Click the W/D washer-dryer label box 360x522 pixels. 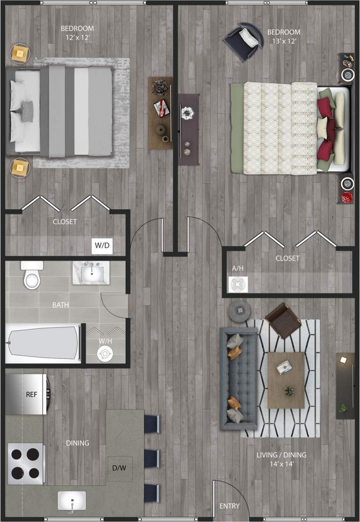102,245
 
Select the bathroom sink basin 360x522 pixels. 90,273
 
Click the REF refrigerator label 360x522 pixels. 31,395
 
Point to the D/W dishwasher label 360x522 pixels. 120,468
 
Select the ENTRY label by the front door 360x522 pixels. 230,506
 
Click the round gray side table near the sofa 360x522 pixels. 240,310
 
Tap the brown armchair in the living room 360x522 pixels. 283,320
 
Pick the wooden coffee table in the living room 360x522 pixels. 286,380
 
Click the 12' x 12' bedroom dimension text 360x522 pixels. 77,38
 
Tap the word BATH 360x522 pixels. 61,305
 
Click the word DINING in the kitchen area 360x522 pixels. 77,443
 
